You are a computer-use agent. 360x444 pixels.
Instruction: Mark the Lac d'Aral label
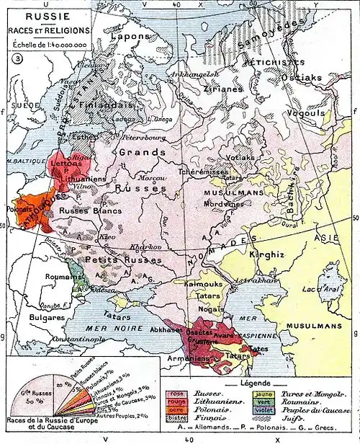(323, 289)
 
